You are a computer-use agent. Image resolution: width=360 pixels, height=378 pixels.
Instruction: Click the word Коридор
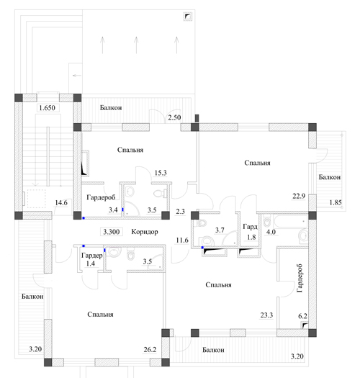coord(145,232)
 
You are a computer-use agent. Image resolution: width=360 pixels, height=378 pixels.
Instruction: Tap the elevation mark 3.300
coord(112,232)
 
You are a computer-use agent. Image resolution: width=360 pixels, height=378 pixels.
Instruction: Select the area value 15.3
coord(161,173)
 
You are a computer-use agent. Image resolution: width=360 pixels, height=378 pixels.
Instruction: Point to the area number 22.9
coord(299,196)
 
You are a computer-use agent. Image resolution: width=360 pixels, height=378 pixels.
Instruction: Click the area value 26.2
coord(150,349)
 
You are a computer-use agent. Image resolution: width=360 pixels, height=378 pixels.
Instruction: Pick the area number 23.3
coord(266,315)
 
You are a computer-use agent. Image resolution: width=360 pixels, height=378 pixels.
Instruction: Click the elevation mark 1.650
coord(48,108)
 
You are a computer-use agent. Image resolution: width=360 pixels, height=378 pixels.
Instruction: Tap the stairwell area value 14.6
coord(61,203)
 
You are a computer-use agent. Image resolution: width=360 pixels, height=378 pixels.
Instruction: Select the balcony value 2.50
coord(174,117)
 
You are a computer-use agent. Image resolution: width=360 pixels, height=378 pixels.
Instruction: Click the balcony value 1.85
coord(336,202)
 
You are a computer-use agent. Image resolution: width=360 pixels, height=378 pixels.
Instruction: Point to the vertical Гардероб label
coord(300,278)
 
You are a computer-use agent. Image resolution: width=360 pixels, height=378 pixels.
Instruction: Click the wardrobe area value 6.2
coord(302,316)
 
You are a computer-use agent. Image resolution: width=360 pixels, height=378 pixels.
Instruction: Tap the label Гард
coord(250,227)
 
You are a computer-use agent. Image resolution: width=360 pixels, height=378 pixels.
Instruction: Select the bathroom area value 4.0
coord(271,232)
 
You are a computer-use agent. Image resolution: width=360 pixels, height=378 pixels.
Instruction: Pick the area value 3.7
coord(220,230)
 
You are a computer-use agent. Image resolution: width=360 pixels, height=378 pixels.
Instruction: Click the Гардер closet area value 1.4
coord(91,264)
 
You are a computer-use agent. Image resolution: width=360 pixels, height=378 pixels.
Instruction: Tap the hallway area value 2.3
coord(181,212)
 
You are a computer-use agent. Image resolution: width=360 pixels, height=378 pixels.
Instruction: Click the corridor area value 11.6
coord(182,240)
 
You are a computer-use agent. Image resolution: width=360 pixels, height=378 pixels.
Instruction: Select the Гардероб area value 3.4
coord(113,210)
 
